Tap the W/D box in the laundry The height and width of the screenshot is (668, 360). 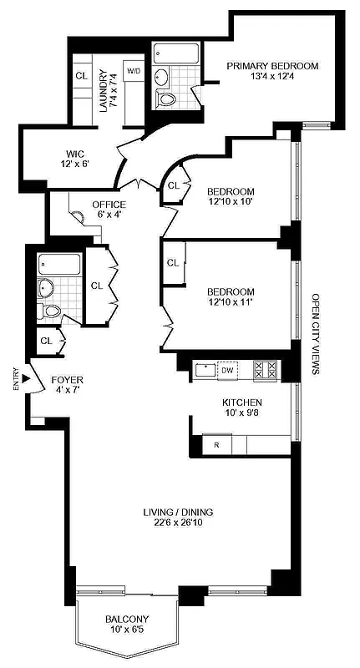[134, 72]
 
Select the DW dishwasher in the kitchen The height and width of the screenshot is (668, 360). [227, 367]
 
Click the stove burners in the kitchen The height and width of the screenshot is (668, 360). [266, 367]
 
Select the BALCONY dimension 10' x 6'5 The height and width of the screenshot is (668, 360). [127, 631]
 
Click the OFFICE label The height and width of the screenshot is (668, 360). [109, 205]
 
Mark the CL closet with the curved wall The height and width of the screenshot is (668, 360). [174, 185]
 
